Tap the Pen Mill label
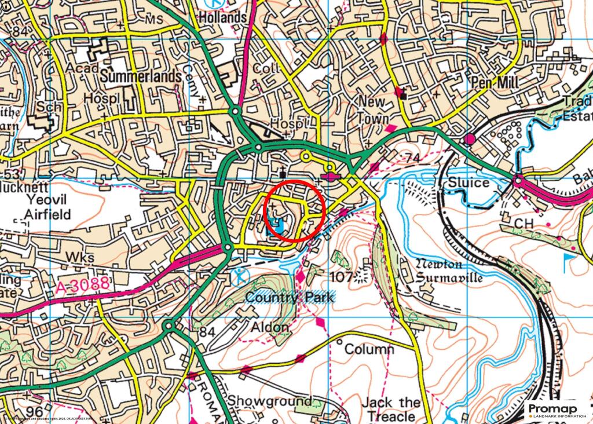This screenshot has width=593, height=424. coord(494,83)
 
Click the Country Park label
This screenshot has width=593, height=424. coord(290,298)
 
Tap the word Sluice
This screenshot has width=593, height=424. coord(469,183)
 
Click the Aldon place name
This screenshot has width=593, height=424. coord(269,327)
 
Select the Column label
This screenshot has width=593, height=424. coord(369,349)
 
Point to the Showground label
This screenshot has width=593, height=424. coord(269,401)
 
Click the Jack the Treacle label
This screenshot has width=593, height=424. coord(391,409)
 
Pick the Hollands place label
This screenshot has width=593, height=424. coord(222,18)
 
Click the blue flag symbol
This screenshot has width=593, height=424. coord(570,262)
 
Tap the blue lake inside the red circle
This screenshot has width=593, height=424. coord(277,227)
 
